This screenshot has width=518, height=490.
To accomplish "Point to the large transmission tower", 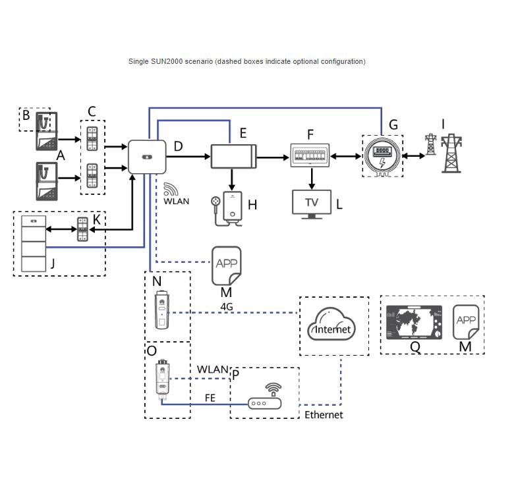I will point(451,153).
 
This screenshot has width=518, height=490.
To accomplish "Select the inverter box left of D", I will point(147,157).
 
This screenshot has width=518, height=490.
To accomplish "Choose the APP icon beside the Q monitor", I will point(466,321).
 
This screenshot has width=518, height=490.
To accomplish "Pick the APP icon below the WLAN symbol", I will point(226,265).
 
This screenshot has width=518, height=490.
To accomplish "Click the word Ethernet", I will point(324,415).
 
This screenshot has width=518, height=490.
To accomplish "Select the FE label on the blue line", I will point(210,398).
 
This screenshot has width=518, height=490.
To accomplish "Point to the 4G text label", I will point(227,306).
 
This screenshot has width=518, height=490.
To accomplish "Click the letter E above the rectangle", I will point(243,134).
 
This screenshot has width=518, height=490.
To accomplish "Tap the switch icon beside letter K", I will point(82,229).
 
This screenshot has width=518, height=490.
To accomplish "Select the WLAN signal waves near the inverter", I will point(170,189).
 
